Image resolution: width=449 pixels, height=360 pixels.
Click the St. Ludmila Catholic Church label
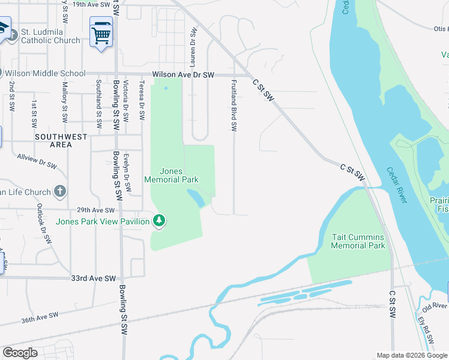50,35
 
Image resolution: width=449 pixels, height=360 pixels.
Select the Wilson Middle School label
45,74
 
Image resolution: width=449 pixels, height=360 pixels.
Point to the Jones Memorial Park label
171,175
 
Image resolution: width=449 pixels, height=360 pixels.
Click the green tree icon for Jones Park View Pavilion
159,221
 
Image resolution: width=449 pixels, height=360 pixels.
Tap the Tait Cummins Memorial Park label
358,241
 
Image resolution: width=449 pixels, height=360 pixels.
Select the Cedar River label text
397,185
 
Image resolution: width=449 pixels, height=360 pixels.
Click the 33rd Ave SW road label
93,279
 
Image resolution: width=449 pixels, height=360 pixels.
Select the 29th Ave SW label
95,210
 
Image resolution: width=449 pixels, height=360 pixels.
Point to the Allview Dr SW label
37,160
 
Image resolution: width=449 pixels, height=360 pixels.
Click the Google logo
20,353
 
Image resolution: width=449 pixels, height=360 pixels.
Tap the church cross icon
59,191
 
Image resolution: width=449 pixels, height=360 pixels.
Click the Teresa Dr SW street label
142,102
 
